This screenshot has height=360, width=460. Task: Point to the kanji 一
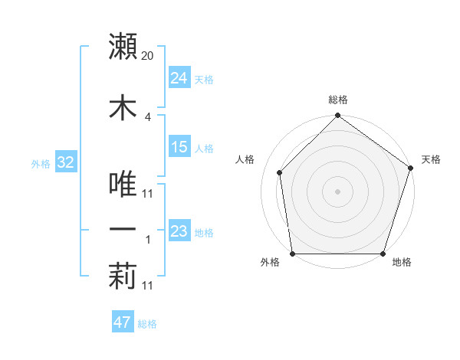123,230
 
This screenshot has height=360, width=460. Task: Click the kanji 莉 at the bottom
123,277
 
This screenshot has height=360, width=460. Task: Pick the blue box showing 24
179,77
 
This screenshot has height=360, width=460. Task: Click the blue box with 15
179,147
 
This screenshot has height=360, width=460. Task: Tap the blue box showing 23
179,231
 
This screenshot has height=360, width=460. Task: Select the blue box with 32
65,163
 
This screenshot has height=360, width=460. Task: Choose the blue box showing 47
122,322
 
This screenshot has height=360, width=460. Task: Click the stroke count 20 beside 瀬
148,56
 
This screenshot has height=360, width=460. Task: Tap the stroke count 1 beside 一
148,240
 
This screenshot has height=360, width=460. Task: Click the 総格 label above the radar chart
338,100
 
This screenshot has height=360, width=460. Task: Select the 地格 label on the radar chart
402,263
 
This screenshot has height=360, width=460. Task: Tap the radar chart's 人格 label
245,159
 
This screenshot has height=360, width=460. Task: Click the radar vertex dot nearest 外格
292,254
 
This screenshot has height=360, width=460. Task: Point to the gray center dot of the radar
337,191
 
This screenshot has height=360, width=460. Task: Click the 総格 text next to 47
147,324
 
